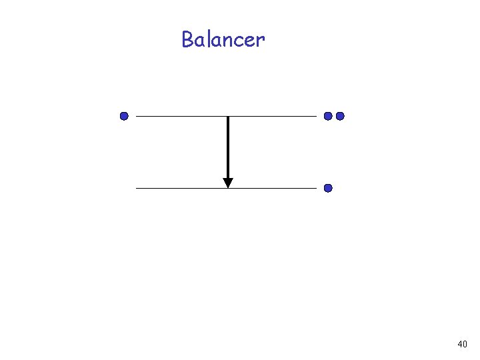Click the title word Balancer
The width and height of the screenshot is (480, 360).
point(223,40)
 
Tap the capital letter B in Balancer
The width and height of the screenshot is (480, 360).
point(188,40)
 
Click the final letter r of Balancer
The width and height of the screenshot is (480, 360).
point(259,42)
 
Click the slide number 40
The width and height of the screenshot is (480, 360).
point(462,344)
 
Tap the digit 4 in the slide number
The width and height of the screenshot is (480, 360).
point(459,344)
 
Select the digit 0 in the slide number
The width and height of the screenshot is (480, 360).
point(465,344)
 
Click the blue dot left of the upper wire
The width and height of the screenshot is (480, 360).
point(124,116)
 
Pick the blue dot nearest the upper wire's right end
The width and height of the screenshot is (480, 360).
point(328,116)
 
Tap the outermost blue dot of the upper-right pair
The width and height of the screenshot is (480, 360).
point(340,116)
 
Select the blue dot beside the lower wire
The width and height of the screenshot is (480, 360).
point(328,188)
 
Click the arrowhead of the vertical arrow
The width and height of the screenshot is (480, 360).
point(228,183)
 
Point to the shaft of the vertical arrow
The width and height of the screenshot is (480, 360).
point(228,147)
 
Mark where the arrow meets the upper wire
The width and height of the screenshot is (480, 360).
point(228,117)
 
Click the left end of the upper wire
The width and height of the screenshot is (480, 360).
point(137,116)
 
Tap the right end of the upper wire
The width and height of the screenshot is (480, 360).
point(316,116)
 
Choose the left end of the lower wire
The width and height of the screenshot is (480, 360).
point(137,188)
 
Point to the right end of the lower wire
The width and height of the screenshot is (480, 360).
point(316,188)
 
